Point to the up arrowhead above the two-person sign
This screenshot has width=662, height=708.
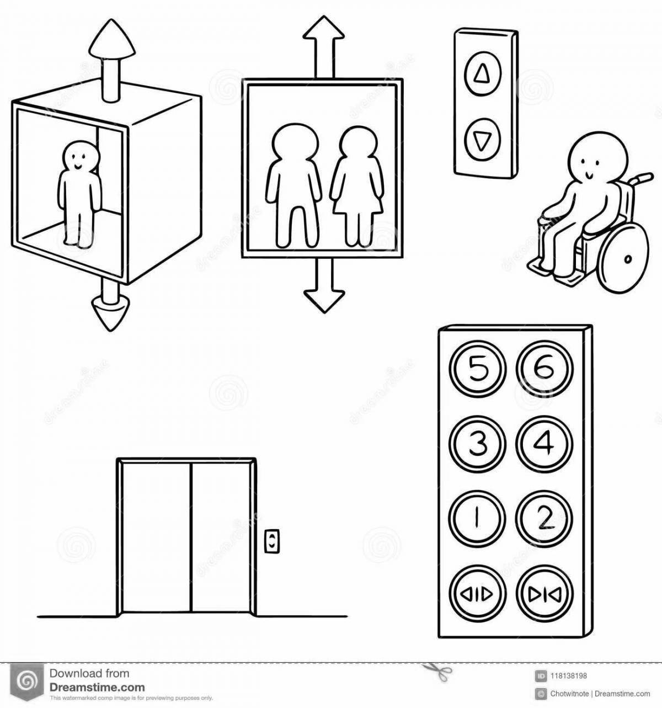[323, 28]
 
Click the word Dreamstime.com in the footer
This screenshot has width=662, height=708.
[97, 687]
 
